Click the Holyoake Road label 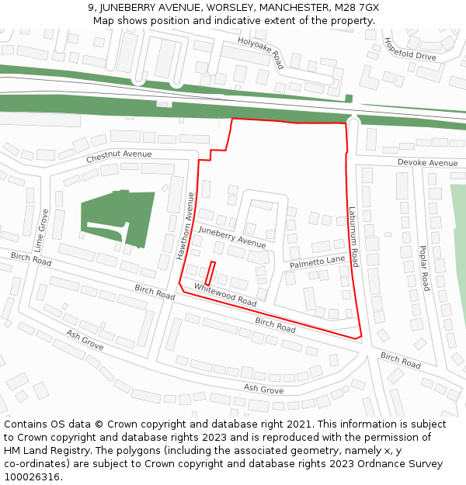click(261, 53)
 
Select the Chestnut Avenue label click(119, 154)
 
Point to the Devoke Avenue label click(427, 163)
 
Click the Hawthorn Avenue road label click(185, 226)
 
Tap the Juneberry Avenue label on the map click(231, 237)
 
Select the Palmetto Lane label click(317, 263)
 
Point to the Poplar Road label click(424, 268)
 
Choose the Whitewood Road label click(225, 294)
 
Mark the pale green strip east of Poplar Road click(458, 248)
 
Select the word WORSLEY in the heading click(231, 7)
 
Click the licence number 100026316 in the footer click(31, 477)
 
